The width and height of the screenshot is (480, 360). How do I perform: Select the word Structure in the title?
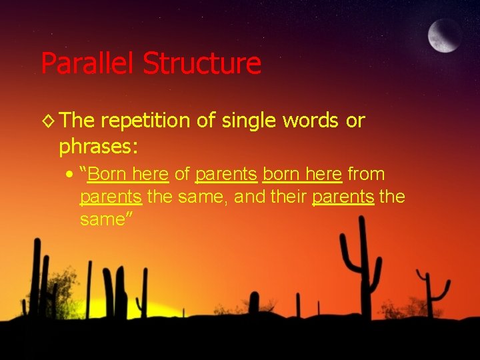pyautogui.click(x=201, y=63)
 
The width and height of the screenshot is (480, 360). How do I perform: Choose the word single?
pyautogui.click(x=243, y=121)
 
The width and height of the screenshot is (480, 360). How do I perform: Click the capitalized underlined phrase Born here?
pyautogui.click(x=127, y=174)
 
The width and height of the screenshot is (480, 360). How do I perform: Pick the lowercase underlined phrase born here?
pyautogui.click(x=303, y=174)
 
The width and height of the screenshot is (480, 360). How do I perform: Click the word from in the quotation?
pyautogui.click(x=366, y=174)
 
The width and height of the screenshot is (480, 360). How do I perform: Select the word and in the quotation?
pyautogui.click(x=249, y=197)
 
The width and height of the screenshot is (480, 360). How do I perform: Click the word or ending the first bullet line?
pyautogui.click(x=355, y=121)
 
